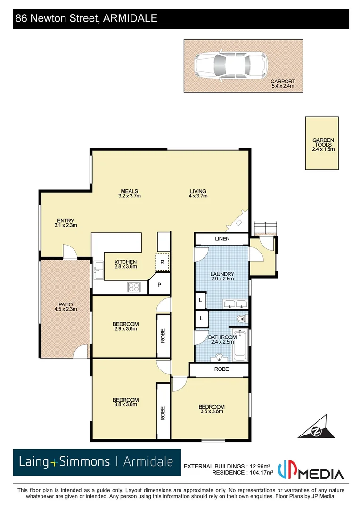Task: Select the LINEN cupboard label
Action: point(222,239)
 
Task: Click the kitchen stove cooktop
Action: point(133,287)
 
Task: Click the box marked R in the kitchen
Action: point(163,262)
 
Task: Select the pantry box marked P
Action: point(159,285)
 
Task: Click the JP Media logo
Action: point(311,470)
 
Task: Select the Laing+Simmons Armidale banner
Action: point(97,462)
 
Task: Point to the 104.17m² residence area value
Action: point(260,473)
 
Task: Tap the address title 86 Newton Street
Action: point(86,19)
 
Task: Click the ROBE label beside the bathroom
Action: point(221,369)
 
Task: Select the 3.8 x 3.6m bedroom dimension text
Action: point(125,404)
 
